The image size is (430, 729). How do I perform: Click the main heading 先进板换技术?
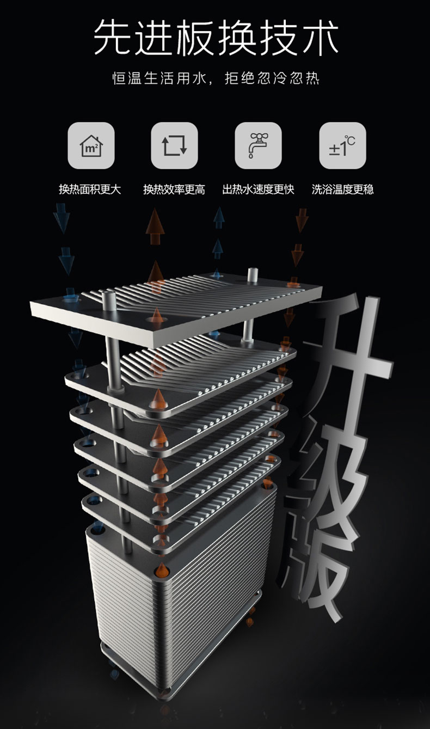pyautogui.click(x=216, y=37)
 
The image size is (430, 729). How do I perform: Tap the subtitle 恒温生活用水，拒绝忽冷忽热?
pyautogui.click(x=216, y=78)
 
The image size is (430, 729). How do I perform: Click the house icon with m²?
pyautogui.click(x=91, y=145)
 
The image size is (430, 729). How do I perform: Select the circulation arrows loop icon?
pyautogui.click(x=174, y=145)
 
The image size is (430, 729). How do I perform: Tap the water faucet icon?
pyautogui.click(x=258, y=145)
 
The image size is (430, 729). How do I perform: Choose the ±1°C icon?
pyautogui.click(x=342, y=145)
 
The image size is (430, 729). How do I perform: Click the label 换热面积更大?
pyautogui.click(x=90, y=189)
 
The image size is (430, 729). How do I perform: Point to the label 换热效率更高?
pyautogui.click(x=174, y=189)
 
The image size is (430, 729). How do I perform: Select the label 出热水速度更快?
pyautogui.click(x=258, y=189)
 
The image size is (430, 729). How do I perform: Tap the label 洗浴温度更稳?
pyautogui.click(x=342, y=189)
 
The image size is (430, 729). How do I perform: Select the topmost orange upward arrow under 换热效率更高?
pyautogui.click(x=155, y=226)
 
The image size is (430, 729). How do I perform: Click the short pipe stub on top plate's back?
pyautogui.click(x=253, y=275)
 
